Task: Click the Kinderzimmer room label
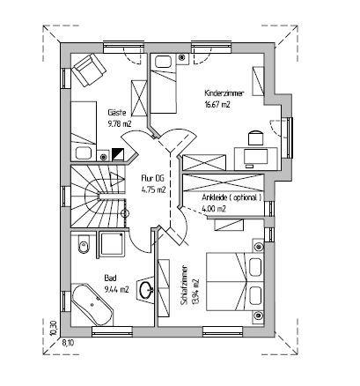224,93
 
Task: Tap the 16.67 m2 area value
217,105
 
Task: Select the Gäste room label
117,113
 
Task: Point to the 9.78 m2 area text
120,124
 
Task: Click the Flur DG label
152,178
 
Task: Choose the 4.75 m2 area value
153,189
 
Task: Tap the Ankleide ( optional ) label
231,197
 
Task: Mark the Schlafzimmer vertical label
185,286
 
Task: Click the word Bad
110,278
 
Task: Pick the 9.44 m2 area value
116,290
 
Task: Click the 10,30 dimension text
53,329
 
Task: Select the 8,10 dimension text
69,343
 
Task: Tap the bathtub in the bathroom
92,305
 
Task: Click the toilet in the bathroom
83,244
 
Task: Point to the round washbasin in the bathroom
146,290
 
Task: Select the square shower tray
112,244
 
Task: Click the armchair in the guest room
89,70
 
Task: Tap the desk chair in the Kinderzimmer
256,137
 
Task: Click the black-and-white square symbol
118,154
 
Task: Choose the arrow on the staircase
117,180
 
